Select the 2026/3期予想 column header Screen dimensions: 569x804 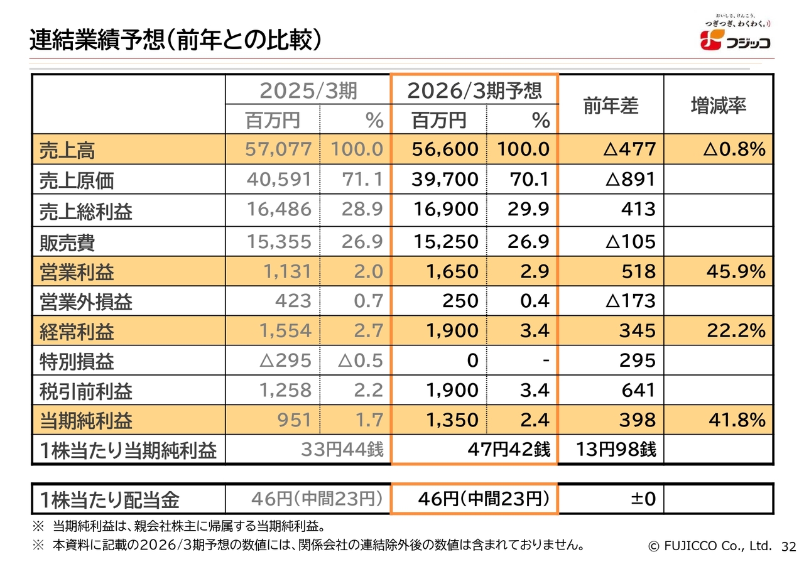[474, 91]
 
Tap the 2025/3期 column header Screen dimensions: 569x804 [308, 91]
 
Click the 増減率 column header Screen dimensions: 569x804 [718, 106]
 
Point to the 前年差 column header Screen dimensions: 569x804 [611, 106]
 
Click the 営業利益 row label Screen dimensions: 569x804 [76, 273]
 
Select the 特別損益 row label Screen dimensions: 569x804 [76, 362]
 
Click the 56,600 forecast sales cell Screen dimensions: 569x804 [445, 149]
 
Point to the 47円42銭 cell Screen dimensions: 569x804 [509, 450]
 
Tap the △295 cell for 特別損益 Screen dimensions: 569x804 [285, 361]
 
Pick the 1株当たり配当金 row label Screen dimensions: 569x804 [109, 500]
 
